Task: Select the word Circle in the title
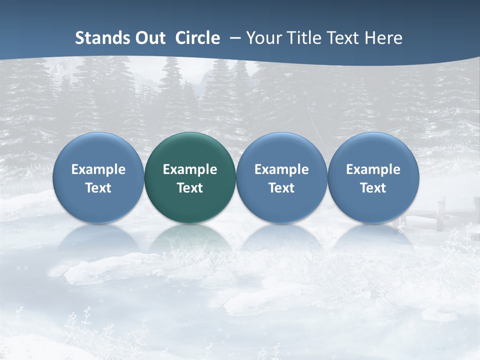tap(197, 38)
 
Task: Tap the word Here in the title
tap(385, 38)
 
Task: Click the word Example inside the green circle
tap(190, 170)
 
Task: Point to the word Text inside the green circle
tap(190, 188)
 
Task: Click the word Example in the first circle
tap(98, 170)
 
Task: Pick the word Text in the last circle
tap(373, 188)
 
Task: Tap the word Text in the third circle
tap(281, 188)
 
